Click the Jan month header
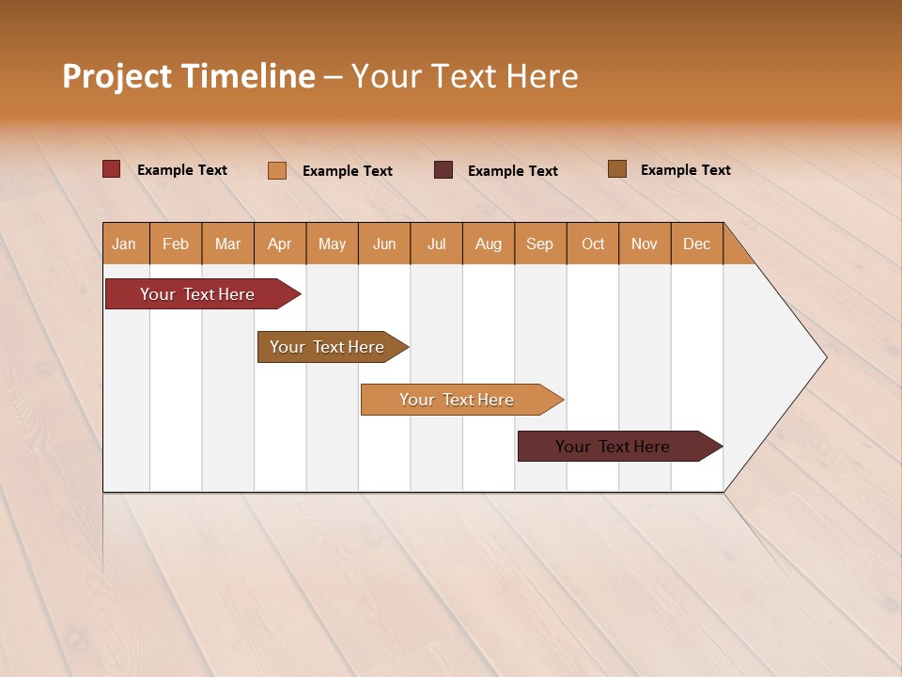pos(125,244)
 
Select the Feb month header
pos(176,244)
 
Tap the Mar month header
pos(227,244)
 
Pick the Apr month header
pos(280,244)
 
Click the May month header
pos(332,244)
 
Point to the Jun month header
pos(384,244)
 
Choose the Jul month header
pos(436,244)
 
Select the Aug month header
pos(489,244)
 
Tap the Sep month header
pos(540,244)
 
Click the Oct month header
pos(593,244)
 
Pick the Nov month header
pos(645,244)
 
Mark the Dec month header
pos(697,244)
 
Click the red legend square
pos(112,169)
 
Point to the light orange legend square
pos(277,170)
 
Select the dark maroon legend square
pos(443,169)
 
